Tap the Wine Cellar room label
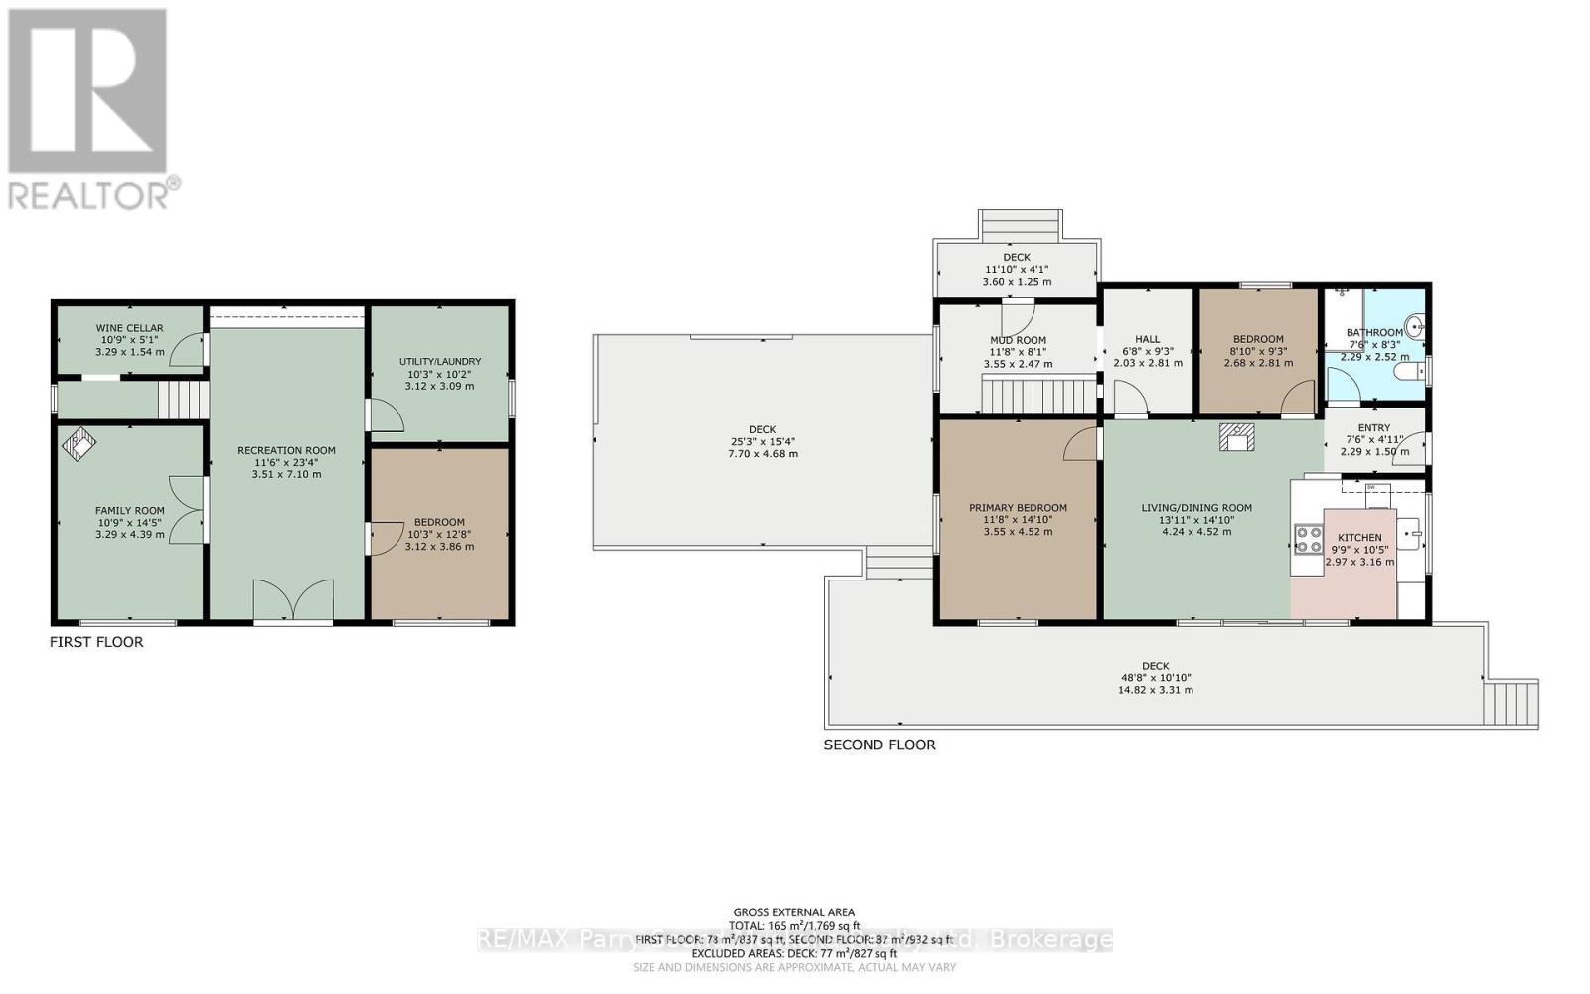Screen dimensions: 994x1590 129,328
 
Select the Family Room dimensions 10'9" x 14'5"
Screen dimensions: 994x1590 129,523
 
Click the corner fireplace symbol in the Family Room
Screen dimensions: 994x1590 79,443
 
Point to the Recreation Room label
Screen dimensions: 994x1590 286,450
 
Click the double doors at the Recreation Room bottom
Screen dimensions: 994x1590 292,600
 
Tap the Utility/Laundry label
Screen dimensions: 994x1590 439,361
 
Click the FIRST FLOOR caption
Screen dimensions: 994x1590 96,642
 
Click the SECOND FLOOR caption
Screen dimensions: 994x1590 879,745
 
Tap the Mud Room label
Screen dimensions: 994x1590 1018,340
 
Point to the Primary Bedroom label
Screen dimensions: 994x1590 1018,508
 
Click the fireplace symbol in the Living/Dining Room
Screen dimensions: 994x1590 1237,436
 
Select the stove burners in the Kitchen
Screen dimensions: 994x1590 1307,539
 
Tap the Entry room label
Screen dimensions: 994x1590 1374,427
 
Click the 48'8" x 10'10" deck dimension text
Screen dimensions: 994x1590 1155,678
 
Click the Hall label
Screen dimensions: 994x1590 1148,339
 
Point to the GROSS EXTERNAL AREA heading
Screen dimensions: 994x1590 794,911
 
